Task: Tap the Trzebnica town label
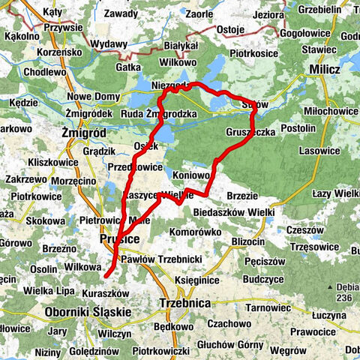[x=183, y=304]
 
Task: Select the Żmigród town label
[x=85, y=132]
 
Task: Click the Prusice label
[x=116, y=239]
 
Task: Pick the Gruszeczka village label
[x=250, y=132]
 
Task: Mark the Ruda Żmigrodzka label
[x=159, y=114]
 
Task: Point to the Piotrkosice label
[x=255, y=54]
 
